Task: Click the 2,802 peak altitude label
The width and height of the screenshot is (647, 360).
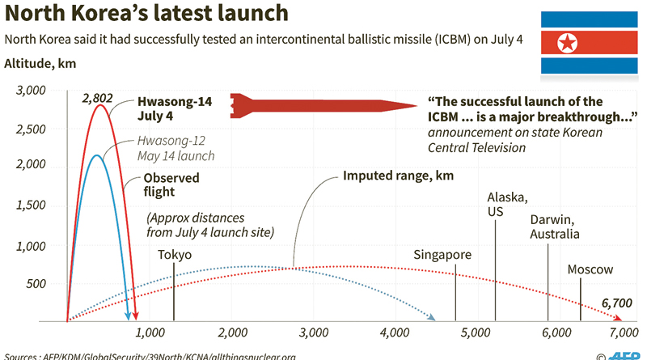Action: coord(96,98)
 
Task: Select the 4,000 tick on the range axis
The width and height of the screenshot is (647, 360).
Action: coord(395,332)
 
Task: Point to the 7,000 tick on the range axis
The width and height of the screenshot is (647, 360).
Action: coord(621,332)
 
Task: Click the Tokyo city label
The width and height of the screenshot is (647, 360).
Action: coord(175,255)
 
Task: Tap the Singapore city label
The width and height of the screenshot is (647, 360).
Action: coord(442,255)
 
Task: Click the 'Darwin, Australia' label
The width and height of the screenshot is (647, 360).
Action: coord(555,227)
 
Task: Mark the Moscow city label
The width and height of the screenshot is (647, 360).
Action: coord(590,269)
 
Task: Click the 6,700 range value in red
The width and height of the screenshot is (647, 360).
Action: coord(615,303)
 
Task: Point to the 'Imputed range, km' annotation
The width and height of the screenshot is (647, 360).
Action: coord(398,176)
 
